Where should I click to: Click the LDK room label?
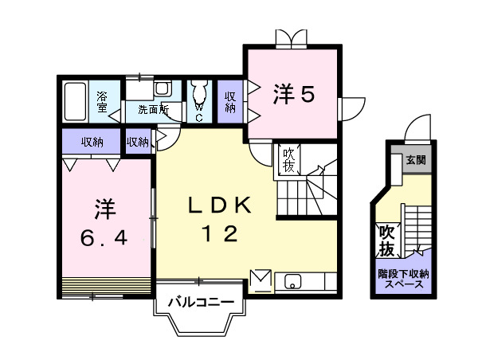(219, 205)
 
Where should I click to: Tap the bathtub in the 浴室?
(75, 101)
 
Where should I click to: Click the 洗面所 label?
(154, 109)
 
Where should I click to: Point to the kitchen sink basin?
(293, 281)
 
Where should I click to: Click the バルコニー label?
(201, 302)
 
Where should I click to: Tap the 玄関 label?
(416, 160)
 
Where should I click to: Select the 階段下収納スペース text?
(403, 279)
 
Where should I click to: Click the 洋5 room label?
(294, 95)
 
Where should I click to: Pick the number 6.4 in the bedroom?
(104, 238)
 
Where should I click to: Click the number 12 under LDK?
(219, 233)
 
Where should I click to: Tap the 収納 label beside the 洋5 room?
(230, 102)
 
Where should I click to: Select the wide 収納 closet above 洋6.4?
(92, 141)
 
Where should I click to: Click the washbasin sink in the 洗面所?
(162, 89)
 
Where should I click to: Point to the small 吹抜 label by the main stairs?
(288, 160)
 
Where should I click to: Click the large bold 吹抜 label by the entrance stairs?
(386, 241)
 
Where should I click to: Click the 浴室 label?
(102, 101)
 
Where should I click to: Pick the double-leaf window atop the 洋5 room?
(291, 39)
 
